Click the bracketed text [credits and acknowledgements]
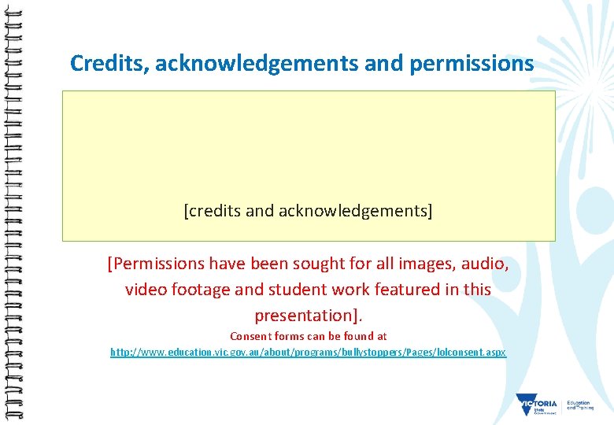tap(308, 211)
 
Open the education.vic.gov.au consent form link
tap(308, 353)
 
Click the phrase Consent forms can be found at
tap(308, 336)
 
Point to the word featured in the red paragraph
tap(409, 290)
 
